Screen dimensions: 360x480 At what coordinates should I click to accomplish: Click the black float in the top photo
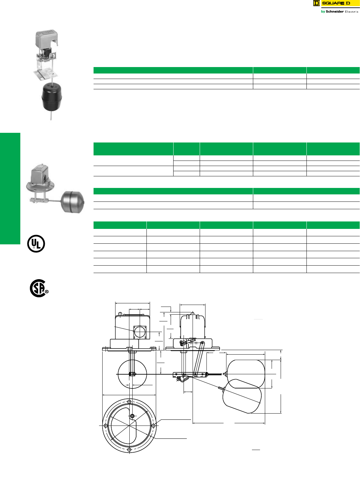(x=52, y=97)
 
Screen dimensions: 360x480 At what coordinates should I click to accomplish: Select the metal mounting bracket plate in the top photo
(x=46, y=73)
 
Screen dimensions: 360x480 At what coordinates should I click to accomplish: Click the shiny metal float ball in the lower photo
(x=73, y=202)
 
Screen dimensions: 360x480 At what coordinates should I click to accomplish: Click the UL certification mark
(x=36, y=243)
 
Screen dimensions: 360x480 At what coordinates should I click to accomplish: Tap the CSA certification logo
(x=39, y=288)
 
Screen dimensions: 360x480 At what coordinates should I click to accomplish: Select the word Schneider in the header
(x=335, y=12)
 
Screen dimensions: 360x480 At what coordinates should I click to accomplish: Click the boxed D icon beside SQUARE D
(x=316, y=3)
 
